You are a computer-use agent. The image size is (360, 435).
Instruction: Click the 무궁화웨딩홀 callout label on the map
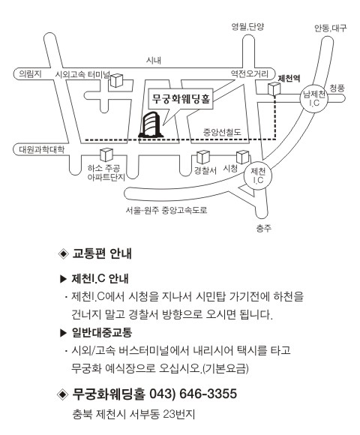[181, 99]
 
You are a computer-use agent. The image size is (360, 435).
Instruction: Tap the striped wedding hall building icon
[151, 124]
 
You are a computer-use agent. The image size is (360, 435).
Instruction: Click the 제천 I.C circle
[258, 175]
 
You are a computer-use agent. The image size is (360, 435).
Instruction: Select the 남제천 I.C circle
[314, 98]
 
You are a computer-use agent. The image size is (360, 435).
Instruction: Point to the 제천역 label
[289, 79]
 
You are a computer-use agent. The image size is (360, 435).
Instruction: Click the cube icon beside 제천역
[274, 89]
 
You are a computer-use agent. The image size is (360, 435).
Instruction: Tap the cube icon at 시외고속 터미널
[117, 80]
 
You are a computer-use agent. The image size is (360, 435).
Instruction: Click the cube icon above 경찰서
[203, 157]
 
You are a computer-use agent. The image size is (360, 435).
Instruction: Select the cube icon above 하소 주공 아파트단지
[106, 154]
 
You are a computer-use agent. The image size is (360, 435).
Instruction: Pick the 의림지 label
[30, 74]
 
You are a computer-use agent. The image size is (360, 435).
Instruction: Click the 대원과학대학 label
[41, 149]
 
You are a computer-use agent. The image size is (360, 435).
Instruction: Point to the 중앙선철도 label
[223, 132]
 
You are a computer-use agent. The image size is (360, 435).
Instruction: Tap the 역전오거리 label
[250, 73]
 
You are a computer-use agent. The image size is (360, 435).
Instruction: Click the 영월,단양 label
[247, 27]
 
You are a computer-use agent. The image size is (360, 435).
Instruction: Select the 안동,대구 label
[330, 28]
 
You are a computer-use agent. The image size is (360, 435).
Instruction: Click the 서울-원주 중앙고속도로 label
[166, 210]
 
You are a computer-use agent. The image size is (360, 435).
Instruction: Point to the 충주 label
[263, 228]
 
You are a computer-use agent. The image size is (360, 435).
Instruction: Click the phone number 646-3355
[208, 394]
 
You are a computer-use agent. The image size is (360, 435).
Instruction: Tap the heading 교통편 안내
[102, 253]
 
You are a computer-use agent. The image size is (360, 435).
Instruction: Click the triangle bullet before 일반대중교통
[63, 333]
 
